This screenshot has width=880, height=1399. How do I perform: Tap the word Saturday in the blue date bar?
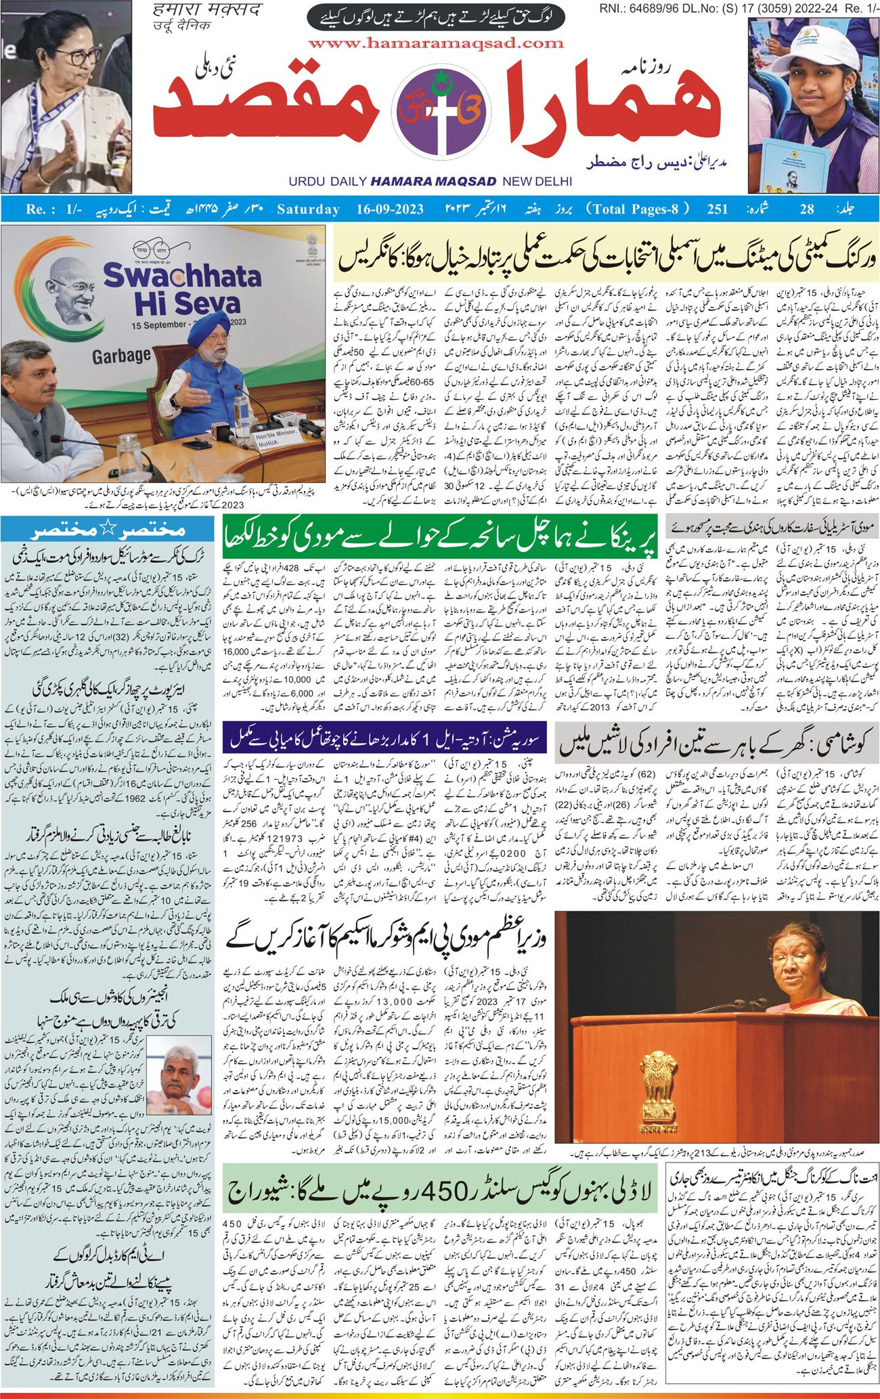coord(308,209)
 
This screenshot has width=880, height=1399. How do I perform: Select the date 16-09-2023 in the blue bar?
coord(390,209)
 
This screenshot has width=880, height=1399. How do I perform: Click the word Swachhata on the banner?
coord(181,276)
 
